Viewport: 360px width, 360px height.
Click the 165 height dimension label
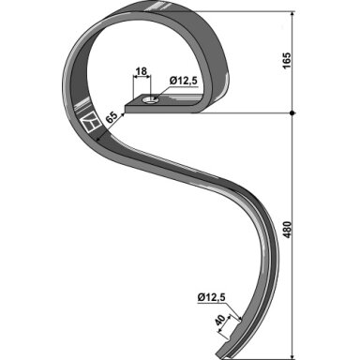[x=288, y=60]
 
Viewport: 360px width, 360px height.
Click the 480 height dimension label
[x=288, y=230]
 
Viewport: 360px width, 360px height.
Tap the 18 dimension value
[x=142, y=71]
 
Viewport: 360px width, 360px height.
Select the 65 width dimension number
[x=112, y=118]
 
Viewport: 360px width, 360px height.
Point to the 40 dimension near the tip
[x=220, y=321]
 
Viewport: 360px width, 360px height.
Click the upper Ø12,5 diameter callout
[x=184, y=81]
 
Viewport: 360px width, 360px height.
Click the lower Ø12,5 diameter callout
[x=211, y=298]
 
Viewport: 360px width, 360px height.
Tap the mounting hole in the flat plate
[x=150, y=100]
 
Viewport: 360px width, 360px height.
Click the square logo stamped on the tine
[x=90, y=125]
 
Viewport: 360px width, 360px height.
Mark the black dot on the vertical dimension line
[x=292, y=112]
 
